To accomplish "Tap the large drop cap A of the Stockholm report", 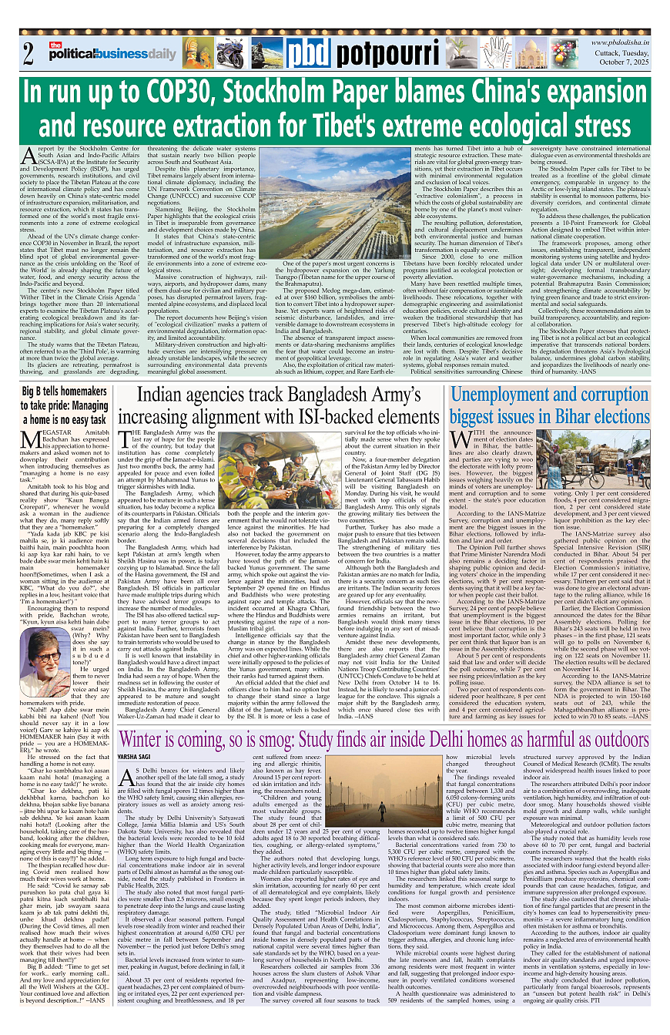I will point(30,157).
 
